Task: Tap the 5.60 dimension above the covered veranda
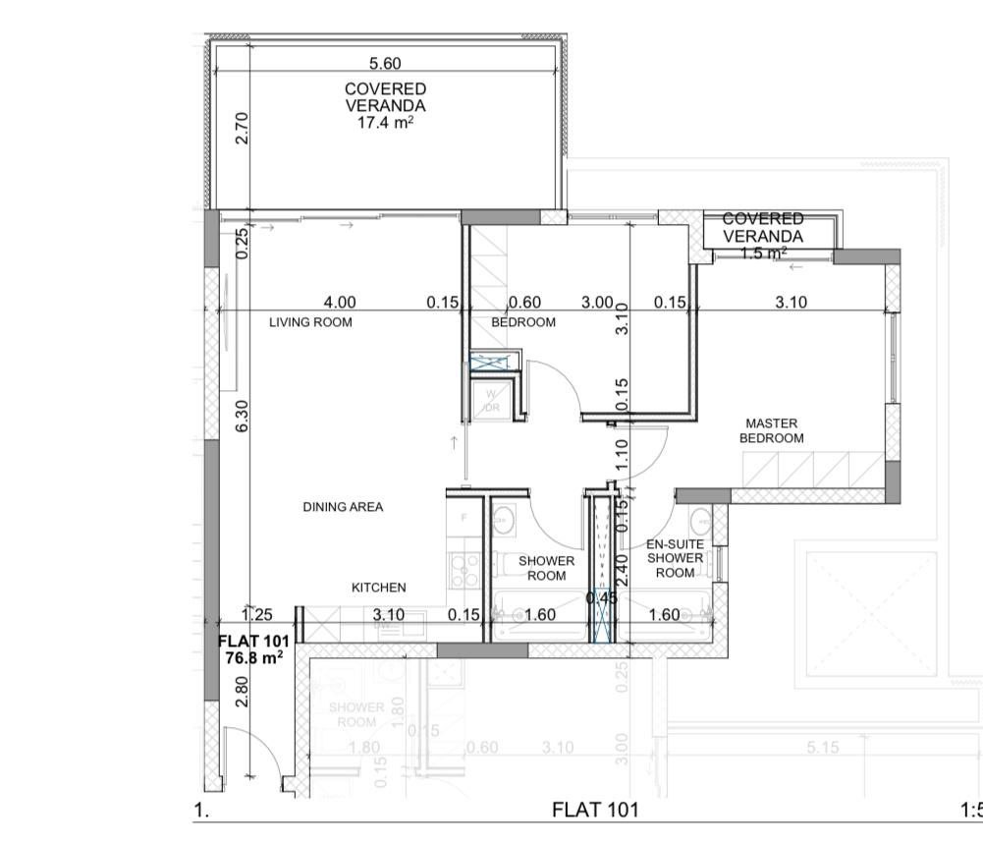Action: pyautogui.click(x=385, y=64)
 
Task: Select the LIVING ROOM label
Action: pyautogui.click(x=311, y=322)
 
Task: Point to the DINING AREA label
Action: pyautogui.click(x=343, y=507)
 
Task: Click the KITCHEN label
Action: pyautogui.click(x=378, y=588)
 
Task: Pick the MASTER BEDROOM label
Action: pyautogui.click(x=771, y=431)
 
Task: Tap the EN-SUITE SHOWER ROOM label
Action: pyautogui.click(x=675, y=558)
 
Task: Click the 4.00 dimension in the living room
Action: pyautogui.click(x=340, y=303)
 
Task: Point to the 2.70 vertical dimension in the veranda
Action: pyautogui.click(x=243, y=128)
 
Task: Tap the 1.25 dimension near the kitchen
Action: pyautogui.click(x=256, y=615)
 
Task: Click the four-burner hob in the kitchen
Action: pyautogui.click(x=463, y=570)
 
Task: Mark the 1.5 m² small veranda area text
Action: pyautogui.click(x=763, y=253)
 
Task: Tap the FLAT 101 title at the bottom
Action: pyautogui.click(x=595, y=810)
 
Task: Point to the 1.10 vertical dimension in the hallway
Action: pyautogui.click(x=621, y=452)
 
